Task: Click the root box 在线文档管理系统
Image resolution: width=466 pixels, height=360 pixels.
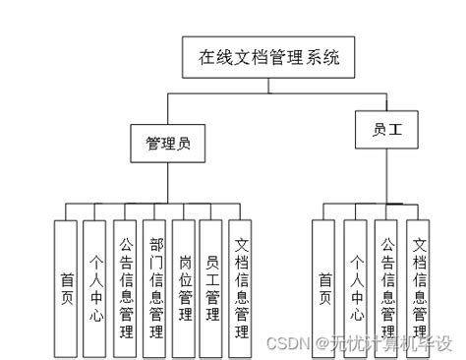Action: coord(267,58)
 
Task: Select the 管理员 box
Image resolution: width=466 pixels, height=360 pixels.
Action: coord(167,144)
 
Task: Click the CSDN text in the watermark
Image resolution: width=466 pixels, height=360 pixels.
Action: coord(284,342)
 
